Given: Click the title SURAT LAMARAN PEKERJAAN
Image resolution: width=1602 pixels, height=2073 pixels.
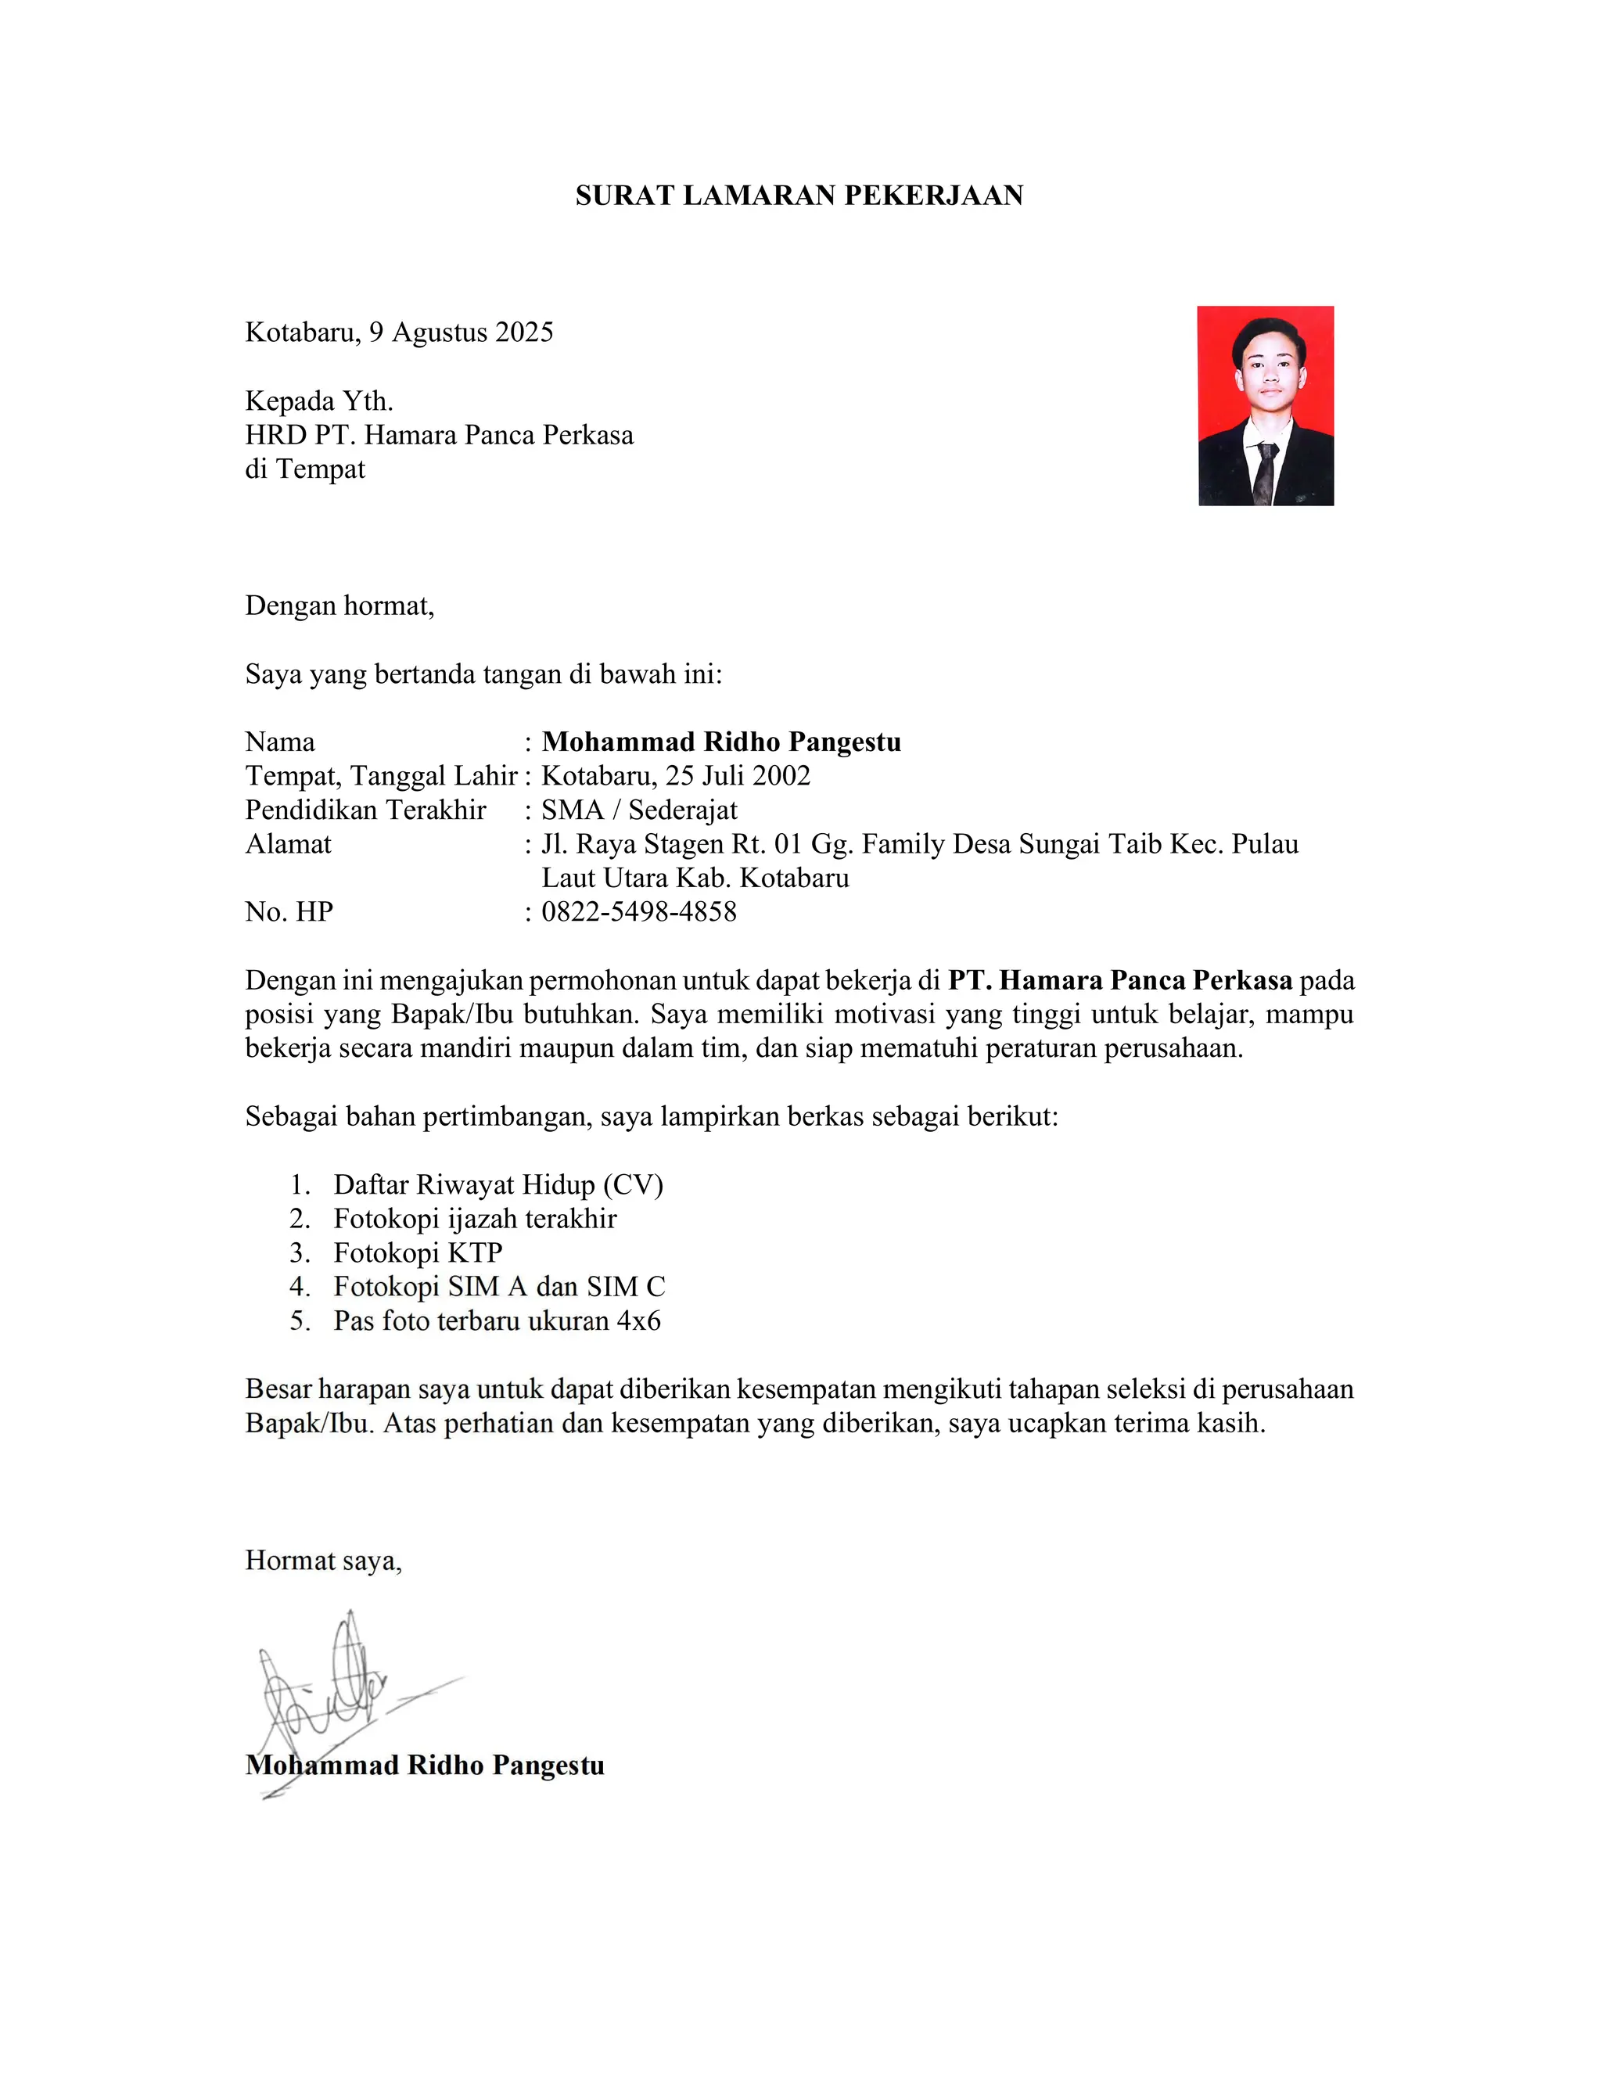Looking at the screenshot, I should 799,196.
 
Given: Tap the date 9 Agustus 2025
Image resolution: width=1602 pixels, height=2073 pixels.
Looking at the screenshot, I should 460,332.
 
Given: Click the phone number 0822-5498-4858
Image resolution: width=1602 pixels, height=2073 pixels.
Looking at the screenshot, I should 639,912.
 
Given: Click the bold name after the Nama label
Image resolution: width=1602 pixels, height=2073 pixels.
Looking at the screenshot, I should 721,742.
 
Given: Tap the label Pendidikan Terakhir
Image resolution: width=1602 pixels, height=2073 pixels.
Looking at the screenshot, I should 365,810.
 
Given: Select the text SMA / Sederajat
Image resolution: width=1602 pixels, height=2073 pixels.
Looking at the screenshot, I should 639,810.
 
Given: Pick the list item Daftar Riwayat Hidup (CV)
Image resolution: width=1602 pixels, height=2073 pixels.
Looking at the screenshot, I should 498,1185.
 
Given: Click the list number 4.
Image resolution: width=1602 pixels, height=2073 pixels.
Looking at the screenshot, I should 300,1287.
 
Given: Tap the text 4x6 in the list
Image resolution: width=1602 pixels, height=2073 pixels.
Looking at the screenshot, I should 639,1321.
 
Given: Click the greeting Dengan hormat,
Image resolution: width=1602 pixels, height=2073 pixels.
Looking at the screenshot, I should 339,605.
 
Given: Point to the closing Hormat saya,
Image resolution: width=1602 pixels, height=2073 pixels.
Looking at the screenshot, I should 324,1561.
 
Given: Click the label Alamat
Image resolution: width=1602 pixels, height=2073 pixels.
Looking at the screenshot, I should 289,844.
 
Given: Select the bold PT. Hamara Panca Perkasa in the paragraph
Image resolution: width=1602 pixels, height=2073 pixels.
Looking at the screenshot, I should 1120,980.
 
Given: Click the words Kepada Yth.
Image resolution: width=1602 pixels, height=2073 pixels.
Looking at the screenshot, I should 319,401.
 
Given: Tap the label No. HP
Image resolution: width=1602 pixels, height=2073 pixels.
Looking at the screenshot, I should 289,912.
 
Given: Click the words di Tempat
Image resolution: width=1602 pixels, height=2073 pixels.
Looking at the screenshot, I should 304,469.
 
